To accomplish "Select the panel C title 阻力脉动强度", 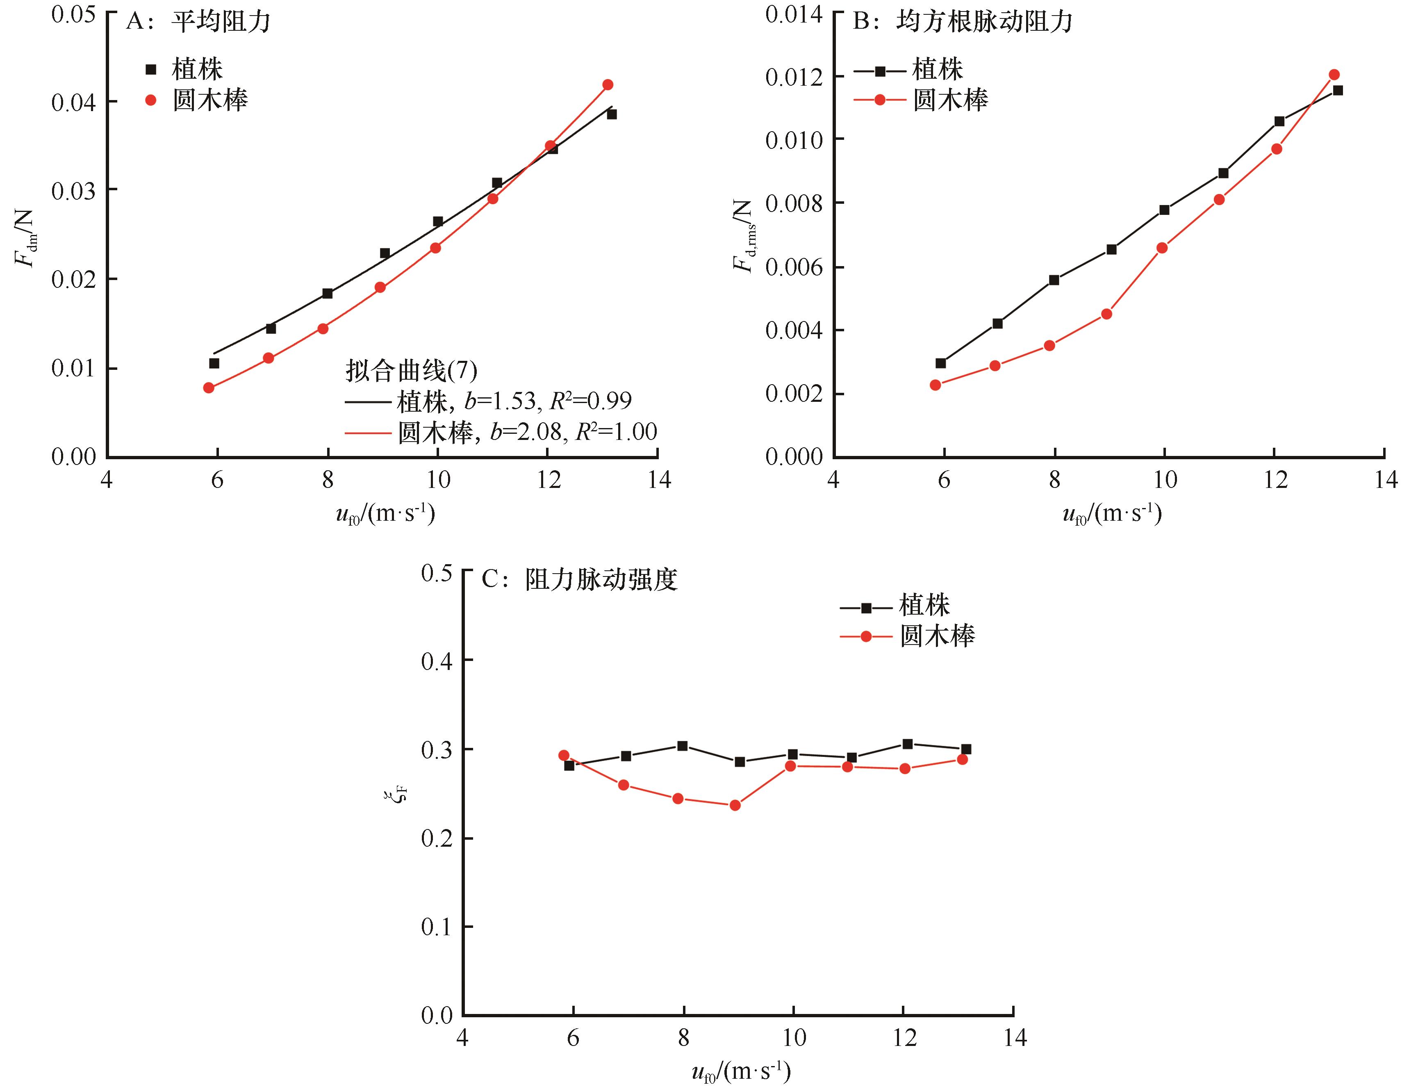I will click(x=601, y=579).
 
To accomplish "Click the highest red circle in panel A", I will click(x=607, y=84).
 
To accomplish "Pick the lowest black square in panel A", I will click(x=214, y=363).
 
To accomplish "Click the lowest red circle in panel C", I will click(x=735, y=805).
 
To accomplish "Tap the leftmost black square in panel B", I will click(x=940, y=363).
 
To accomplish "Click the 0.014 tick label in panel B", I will click(x=794, y=14).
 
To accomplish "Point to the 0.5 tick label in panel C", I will click(x=437, y=573).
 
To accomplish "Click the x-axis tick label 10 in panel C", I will click(x=794, y=1037).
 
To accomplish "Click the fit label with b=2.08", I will click(x=526, y=432).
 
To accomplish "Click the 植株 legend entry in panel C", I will click(x=924, y=605).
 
